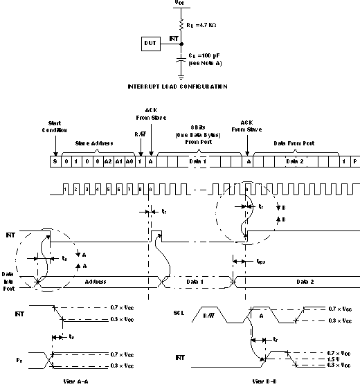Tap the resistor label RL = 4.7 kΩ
(203, 24)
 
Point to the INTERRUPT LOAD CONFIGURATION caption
(178, 87)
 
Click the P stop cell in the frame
(354, 161)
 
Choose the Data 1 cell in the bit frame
(197, 161)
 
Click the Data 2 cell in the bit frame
(294, 161)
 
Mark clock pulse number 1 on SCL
(65, 188)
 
